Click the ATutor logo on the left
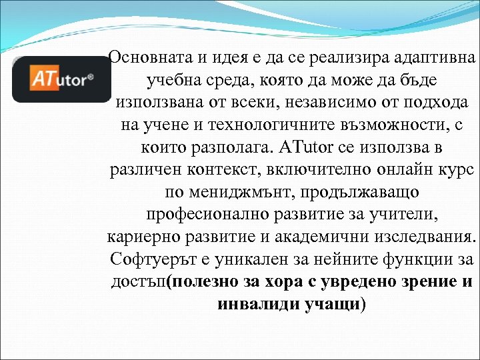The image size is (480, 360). [61, 79]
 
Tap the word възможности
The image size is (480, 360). [387, 125]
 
